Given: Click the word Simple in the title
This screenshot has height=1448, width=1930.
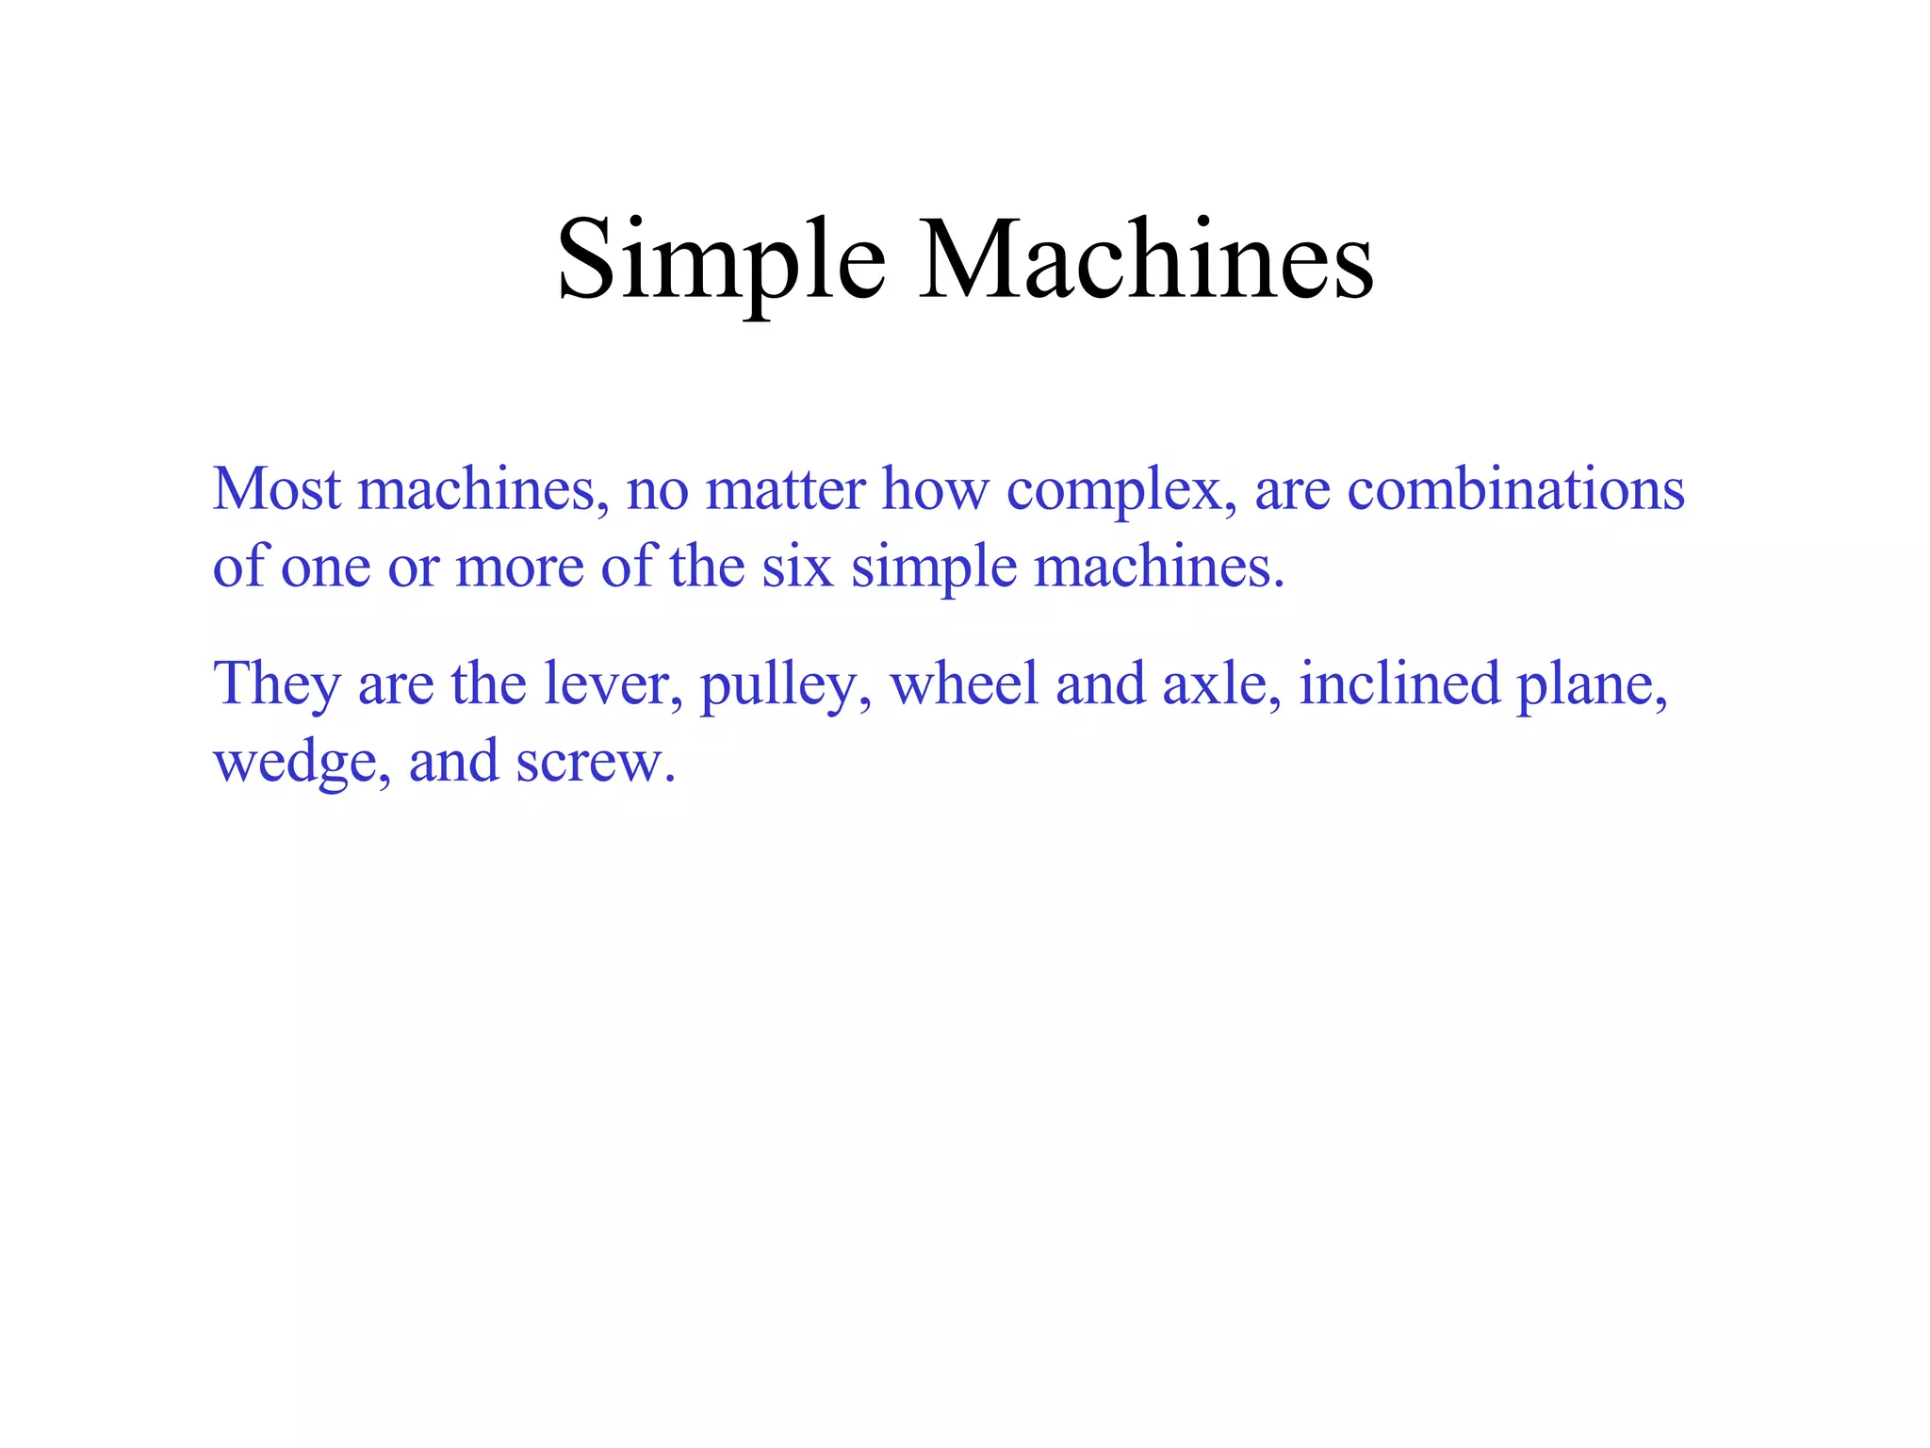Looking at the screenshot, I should (x=721, y=259).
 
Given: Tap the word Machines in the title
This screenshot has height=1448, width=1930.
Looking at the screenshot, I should (x=1146, y=259).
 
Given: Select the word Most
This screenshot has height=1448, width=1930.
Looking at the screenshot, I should (x=276, y=490).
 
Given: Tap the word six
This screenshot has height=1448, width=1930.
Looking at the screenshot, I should (x=797, y=568).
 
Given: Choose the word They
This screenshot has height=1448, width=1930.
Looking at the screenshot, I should (x=276, y=683).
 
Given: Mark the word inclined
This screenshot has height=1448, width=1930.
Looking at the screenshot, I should (x=1399, y=683).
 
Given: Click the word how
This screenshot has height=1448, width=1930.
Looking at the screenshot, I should (x=935, y=490).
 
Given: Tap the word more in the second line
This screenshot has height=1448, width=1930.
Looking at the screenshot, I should (x=519, y=568).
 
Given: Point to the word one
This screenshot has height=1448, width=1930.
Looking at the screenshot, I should (x=325, y=568).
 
